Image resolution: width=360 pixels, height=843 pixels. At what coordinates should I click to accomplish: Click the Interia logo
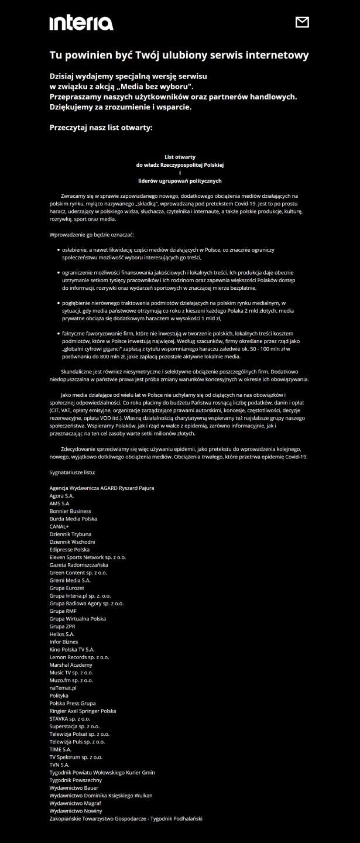pos(81,23)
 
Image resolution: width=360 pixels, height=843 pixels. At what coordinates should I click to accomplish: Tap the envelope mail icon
pos(302,22)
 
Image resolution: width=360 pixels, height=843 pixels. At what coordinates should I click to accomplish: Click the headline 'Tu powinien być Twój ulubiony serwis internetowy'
pos(179,56)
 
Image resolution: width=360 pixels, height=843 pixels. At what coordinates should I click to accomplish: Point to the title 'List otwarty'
pos(180,157)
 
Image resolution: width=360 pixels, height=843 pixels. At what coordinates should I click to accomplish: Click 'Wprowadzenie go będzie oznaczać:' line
pos(92,235)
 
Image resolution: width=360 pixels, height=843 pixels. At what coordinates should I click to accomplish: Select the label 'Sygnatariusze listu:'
pos(73,472)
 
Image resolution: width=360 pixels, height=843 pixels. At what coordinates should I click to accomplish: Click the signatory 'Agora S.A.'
pos(62,496)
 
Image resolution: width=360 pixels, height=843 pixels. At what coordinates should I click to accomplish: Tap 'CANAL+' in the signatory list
pos(59,526)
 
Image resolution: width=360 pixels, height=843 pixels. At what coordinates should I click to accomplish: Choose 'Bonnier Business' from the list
pos(70,511)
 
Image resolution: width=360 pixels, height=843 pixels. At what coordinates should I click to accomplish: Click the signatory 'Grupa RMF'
pos(63,611)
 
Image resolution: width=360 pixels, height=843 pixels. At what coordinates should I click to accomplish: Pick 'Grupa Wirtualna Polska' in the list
pos(77,619)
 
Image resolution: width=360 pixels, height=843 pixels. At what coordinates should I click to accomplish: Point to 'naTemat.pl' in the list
pos(63,688)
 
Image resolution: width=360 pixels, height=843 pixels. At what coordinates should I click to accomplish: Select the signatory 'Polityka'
pos(59,695)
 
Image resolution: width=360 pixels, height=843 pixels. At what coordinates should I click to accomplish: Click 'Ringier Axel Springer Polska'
pos(83,711)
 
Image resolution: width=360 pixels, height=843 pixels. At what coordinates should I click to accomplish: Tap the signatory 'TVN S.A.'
pos(60,765)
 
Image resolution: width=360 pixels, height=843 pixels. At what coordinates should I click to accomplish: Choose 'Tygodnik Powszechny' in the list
pos(76,780)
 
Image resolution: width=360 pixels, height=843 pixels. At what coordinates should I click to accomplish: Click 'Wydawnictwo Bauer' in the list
pos(74,787)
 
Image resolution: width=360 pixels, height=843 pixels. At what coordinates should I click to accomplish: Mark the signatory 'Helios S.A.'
pos(62,634)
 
